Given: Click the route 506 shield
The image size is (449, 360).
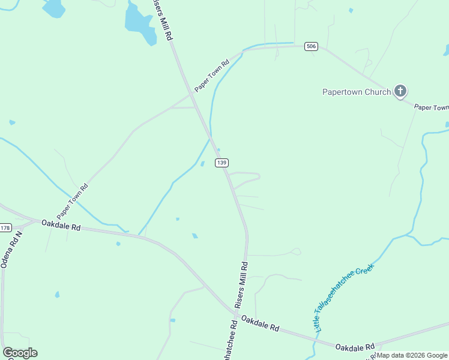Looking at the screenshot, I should (310, 46).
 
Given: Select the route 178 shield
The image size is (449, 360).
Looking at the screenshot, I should (5, 228).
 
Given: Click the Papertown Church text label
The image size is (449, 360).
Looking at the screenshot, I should (357, 92).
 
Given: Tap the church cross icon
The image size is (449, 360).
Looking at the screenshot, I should (400, 92).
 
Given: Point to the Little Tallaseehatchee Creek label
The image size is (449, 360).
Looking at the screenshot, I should (344, 297).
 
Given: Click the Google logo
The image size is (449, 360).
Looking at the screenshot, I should (20, 353).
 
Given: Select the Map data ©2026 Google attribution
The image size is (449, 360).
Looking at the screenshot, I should (412, 356).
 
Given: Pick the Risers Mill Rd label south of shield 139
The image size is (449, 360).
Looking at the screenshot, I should (241, 284).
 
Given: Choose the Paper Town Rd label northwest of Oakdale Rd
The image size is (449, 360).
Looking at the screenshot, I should (73, 200).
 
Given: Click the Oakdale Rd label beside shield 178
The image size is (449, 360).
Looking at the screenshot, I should (61, 226).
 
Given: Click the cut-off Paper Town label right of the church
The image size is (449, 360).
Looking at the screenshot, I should (432, 107).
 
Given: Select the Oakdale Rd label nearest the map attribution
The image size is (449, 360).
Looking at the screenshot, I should (355, 347).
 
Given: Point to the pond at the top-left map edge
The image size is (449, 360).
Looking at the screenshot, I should (54, 8).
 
